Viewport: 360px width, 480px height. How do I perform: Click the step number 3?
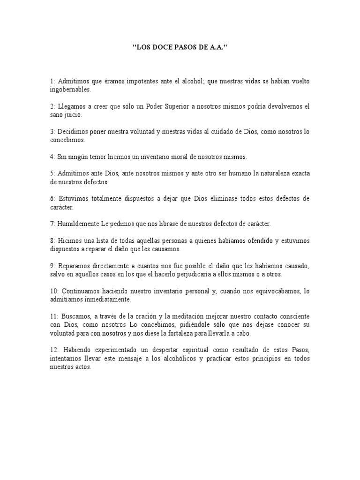click(53, 132)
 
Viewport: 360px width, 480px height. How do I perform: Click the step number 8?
click(53, 241)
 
